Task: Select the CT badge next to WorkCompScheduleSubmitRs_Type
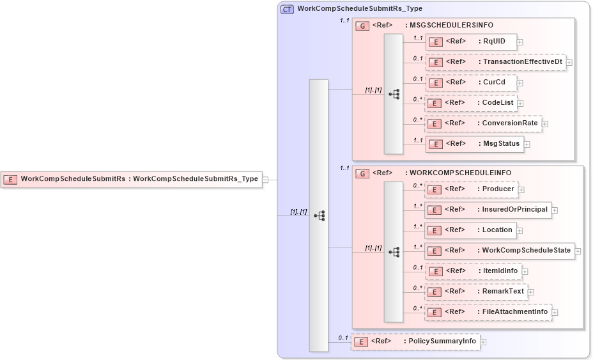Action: (288, 9)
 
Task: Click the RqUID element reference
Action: (471, 42)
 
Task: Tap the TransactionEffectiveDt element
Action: (495, 62)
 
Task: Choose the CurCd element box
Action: (471, 82)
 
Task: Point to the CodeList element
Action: (471, 103)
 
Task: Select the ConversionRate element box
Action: (483, 123)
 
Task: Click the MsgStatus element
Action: (474, 144)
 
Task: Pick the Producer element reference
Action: (471, 189)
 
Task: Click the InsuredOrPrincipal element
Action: (488, 210)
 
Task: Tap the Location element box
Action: (471, 230)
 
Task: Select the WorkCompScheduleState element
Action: (500, 251)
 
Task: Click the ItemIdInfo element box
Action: (474, 271)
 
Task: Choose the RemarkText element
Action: (477, 292)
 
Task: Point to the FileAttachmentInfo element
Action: (488, 312)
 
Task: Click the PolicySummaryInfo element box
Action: (415, 341)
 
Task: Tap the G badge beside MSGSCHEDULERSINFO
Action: (362, 26)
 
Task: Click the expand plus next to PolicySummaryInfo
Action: (483, 342)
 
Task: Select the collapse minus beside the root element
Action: (265, 180)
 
